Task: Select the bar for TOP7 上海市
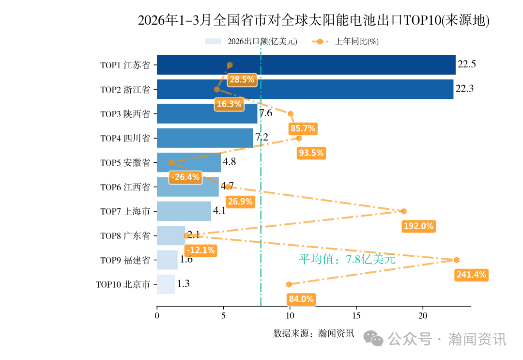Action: pos(184,211)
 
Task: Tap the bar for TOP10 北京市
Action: pos(166,284)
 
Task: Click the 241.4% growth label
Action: pos(471,275)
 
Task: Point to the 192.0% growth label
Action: pos(418,226)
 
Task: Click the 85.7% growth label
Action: pos(303,128)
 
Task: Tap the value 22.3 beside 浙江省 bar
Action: pos(464,89)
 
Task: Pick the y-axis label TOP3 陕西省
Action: pos(125,114)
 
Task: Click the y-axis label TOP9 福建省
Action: pos(125,260)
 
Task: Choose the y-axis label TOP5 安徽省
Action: pos(125,163)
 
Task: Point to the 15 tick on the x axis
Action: pos(356,315)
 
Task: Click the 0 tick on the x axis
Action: pos(157,315)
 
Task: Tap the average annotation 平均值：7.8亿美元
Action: pos(347,259)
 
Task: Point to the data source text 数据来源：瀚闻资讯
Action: pos(313,333)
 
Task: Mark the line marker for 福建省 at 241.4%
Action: pos(457,260)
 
